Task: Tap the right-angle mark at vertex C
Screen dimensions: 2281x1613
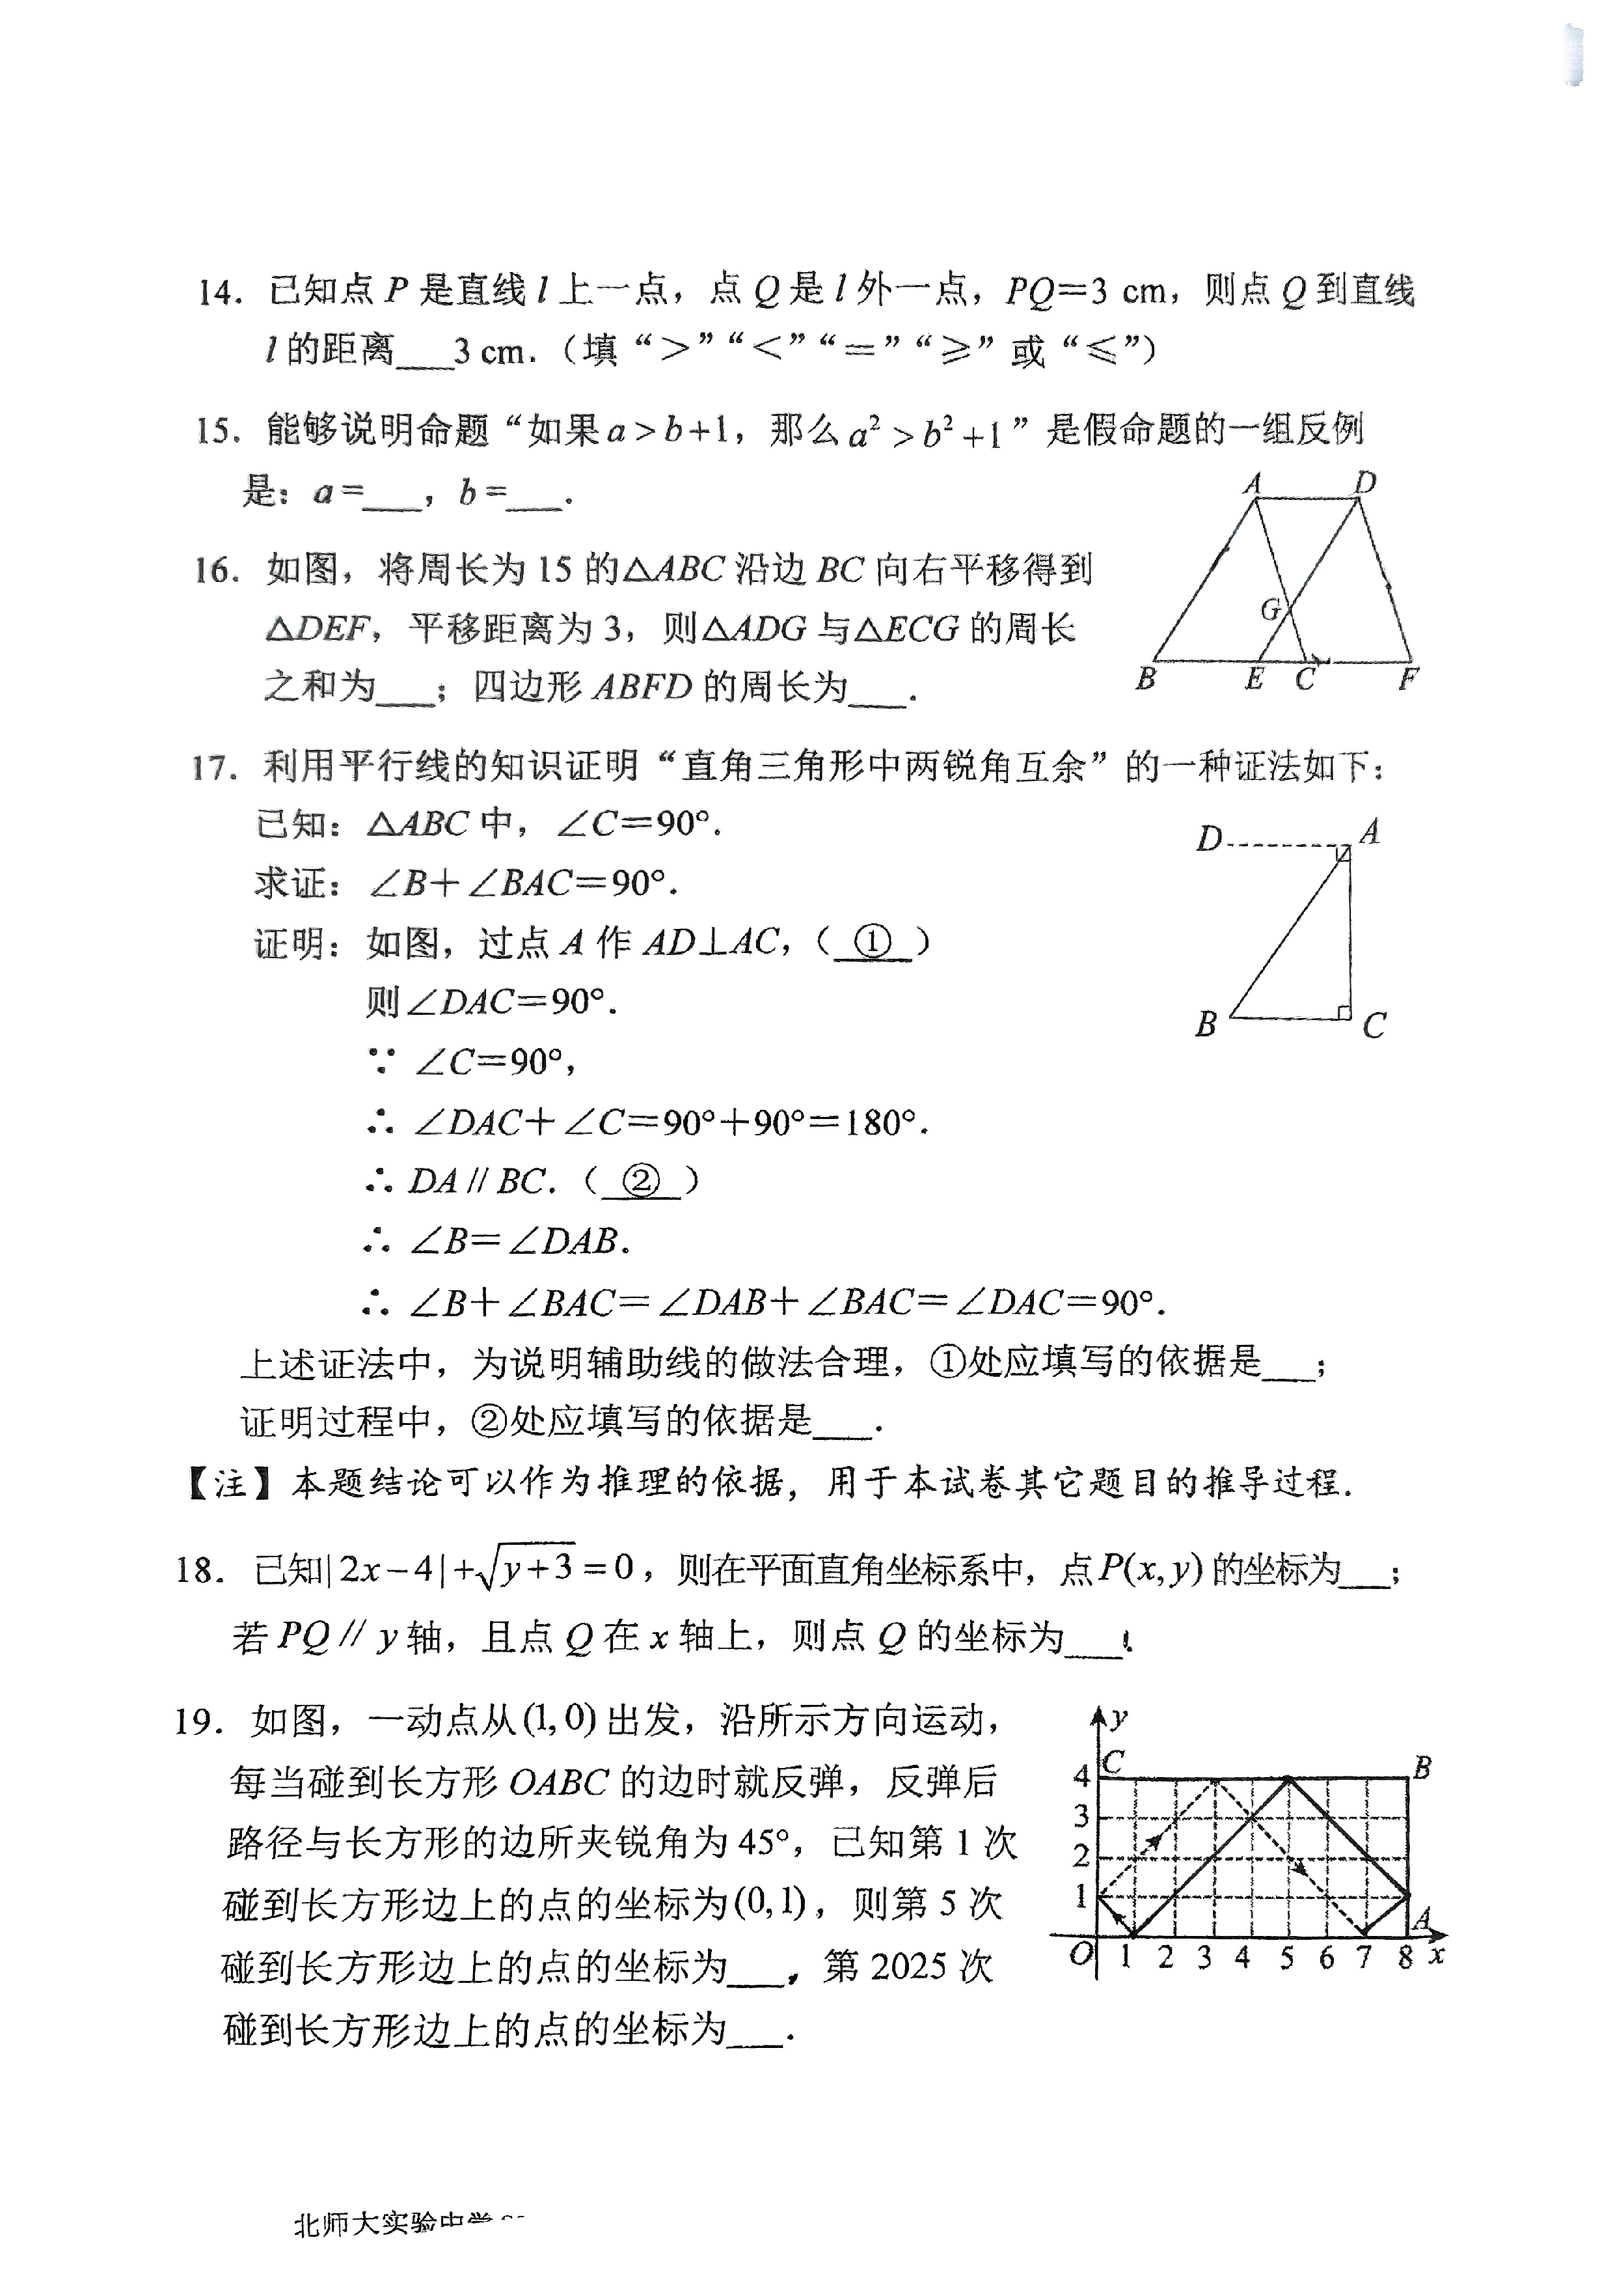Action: (1343, 1012)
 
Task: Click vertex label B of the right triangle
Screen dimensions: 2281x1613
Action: (1206, 1023)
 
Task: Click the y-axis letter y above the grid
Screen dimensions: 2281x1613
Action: (1119, 1717)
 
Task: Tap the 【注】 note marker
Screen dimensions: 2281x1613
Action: (230, 1484)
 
